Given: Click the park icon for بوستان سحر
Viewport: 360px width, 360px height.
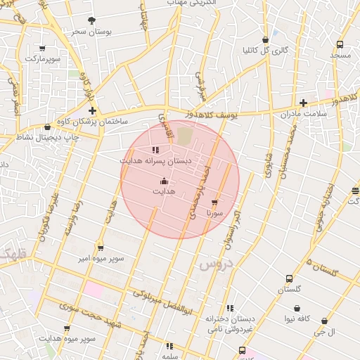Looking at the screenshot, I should [x=92, y=21].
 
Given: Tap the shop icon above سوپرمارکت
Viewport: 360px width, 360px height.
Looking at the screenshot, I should [x=43, y=48].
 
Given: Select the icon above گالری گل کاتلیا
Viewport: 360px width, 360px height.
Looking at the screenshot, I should [x=265, y=40].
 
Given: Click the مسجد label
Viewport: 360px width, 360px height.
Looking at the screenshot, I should [x=340, y=55].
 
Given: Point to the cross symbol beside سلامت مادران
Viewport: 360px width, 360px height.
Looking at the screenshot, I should [x=303, y=103].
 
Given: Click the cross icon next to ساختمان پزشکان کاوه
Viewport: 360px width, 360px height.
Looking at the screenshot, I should [x=92, y=111].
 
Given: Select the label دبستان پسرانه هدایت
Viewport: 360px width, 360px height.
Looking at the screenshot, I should [x=155, y=160].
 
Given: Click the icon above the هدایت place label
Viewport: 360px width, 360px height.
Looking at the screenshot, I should [x=165, y=181].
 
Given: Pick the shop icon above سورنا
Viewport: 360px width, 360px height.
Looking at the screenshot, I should [x=214, y=202].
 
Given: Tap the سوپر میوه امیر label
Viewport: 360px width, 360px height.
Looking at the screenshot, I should [x=101, y=258].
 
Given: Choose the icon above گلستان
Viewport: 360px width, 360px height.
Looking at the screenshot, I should [x=289, y=279].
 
